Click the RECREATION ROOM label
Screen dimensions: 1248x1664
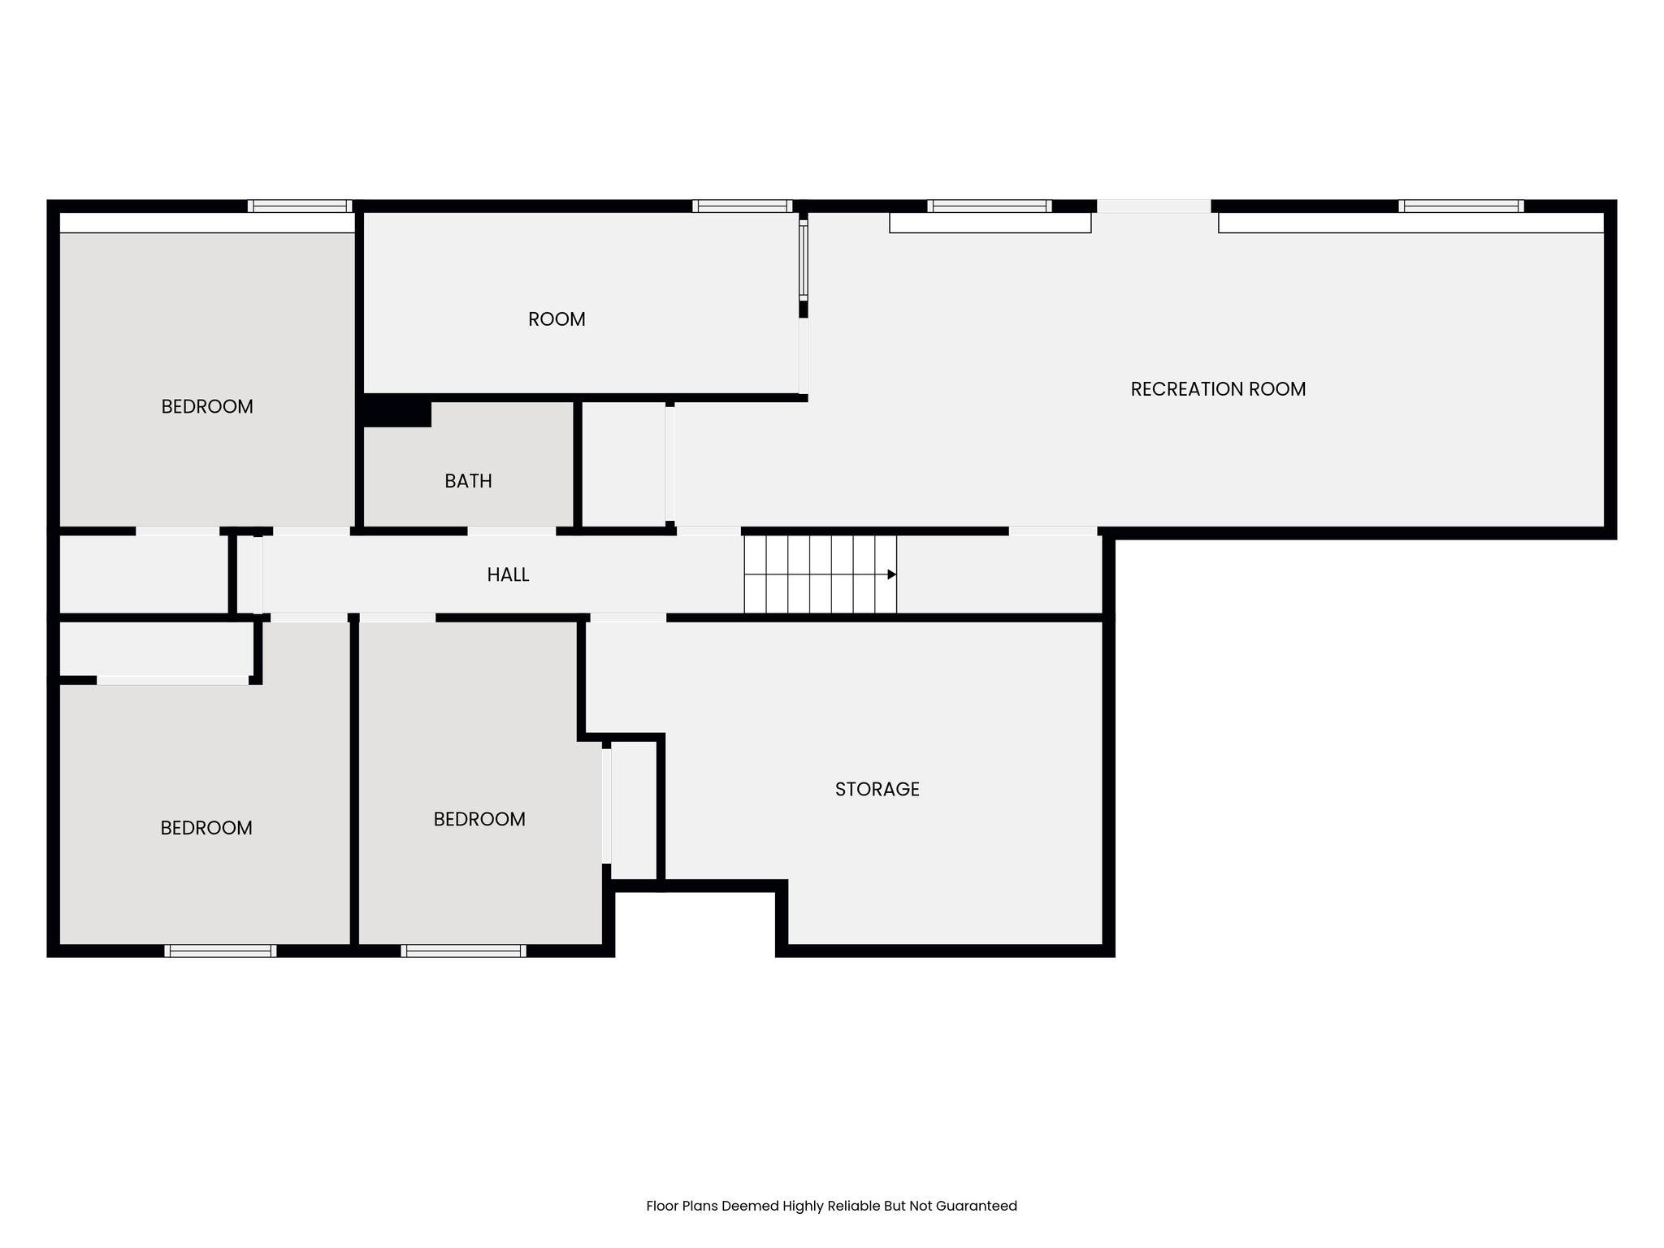pyautogui.click(x=1217, y=389)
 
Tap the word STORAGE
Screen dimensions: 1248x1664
pyautogui.click(x=877, y=789)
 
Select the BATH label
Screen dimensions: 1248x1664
pyautogui.click(x=468, y=481)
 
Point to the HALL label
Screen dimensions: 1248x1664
pyautogui.click(x=508, y=575)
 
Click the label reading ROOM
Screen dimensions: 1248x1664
pyautogui.click(x=557, y=319)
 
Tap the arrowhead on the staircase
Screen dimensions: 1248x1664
pyautogui.click(x=891, y=574)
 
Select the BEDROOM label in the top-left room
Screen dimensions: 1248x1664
pyautogui.click(x=207, y=406)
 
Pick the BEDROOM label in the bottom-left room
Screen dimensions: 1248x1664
pyautogui.click(x=206, y=828)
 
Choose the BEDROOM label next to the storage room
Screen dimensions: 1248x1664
pyautogui.click(x=479, y=819)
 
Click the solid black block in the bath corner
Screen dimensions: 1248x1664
pyautogui.click(x=396, y=412)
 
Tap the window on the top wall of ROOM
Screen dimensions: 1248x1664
pyautogui.click(x=742, y=206)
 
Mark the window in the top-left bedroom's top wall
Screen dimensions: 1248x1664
pyautogui.click(x=300, y=206)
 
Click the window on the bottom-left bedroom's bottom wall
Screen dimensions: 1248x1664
pyautogui.click(x=220, y=951)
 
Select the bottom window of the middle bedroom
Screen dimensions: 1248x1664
pyautogui.click(x=463, y=951)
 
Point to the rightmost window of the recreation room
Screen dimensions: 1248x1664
pyautogui.click(x=1460, y=206)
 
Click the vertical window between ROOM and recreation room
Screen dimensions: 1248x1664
pyautogui.click(x=804, y=260)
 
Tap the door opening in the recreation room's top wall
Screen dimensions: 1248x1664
pyautogui.click(x=1154, y=206)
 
